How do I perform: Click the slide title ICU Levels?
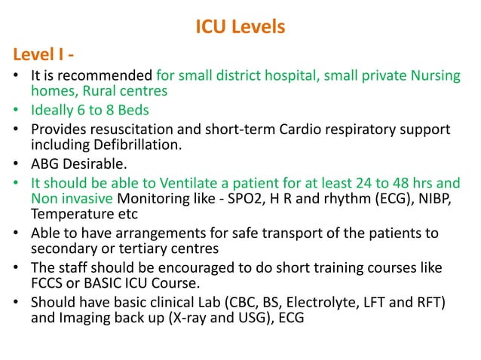[240, 28]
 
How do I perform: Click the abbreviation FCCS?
[48, 283]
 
